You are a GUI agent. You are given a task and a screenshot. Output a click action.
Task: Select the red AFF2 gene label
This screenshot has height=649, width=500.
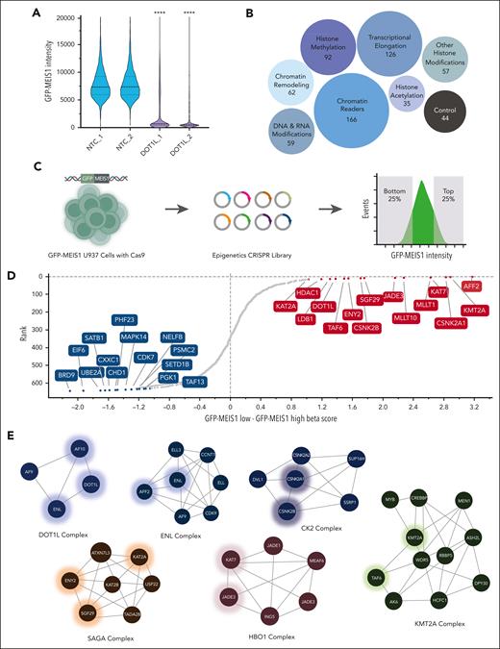(473, 286)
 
